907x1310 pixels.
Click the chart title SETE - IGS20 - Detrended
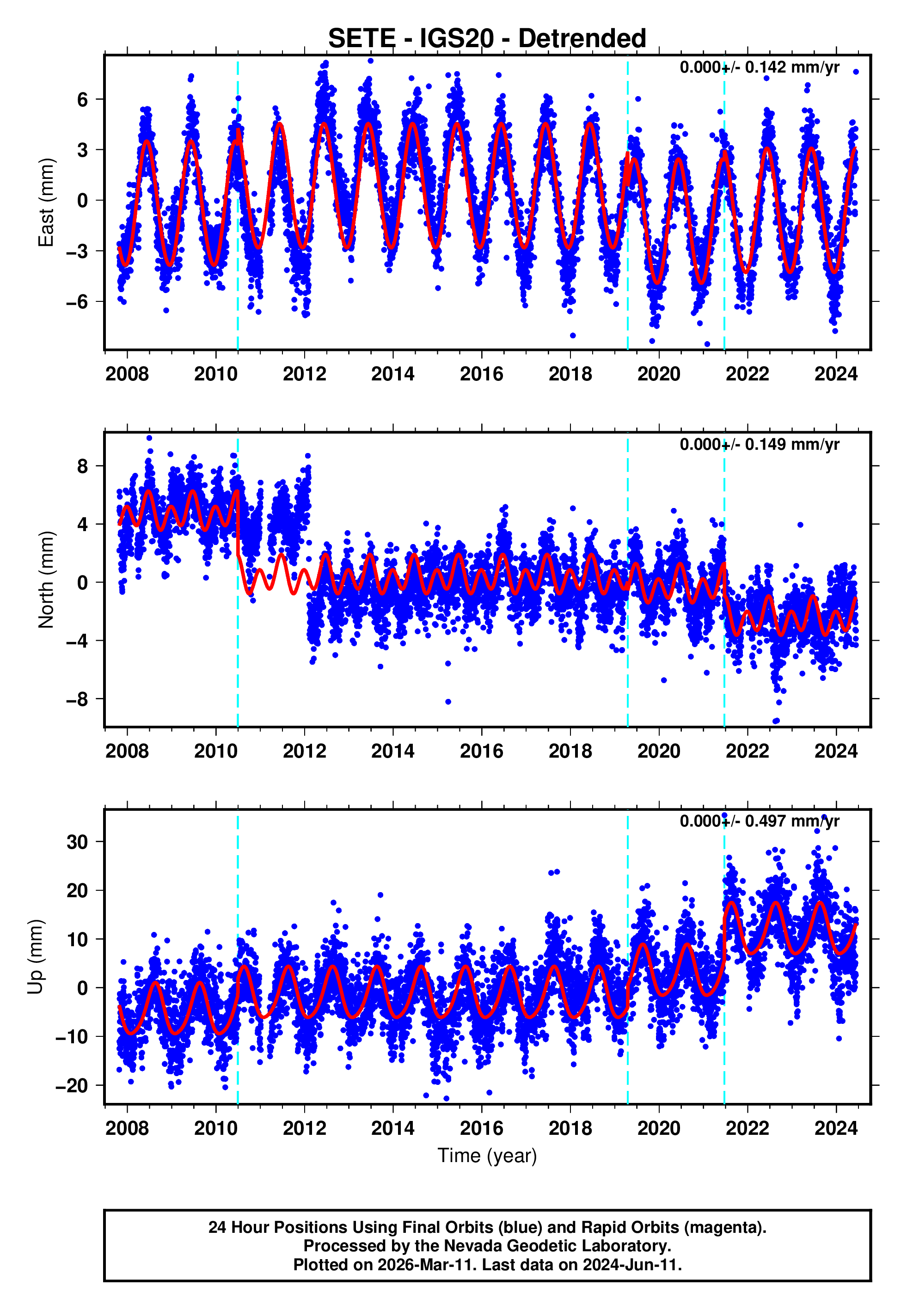(x=487, y=39)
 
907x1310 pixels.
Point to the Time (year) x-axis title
(x=487, y=1156)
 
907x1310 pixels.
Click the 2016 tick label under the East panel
(x=481, y=374)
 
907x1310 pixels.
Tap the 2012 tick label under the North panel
(x=304, y=751)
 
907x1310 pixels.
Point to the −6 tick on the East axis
(x=77, y=302)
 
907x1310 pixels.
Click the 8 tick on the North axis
(x=82, y=466)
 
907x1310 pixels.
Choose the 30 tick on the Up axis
(x=77, y=842)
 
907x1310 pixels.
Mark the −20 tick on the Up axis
(x=72, y=1086)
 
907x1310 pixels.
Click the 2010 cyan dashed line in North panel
(x=238, y=625)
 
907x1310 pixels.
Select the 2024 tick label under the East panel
(x=835, y=374)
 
